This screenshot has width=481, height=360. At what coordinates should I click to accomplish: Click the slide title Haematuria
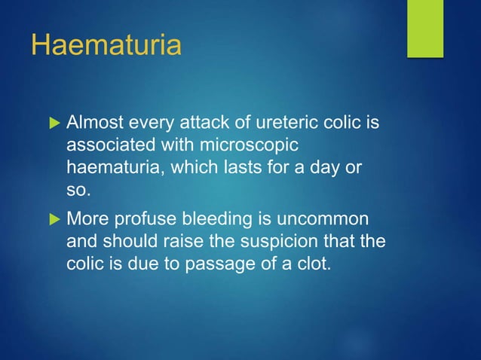point(106,45)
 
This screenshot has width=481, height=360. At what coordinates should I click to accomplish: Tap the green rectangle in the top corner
point(425,28)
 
